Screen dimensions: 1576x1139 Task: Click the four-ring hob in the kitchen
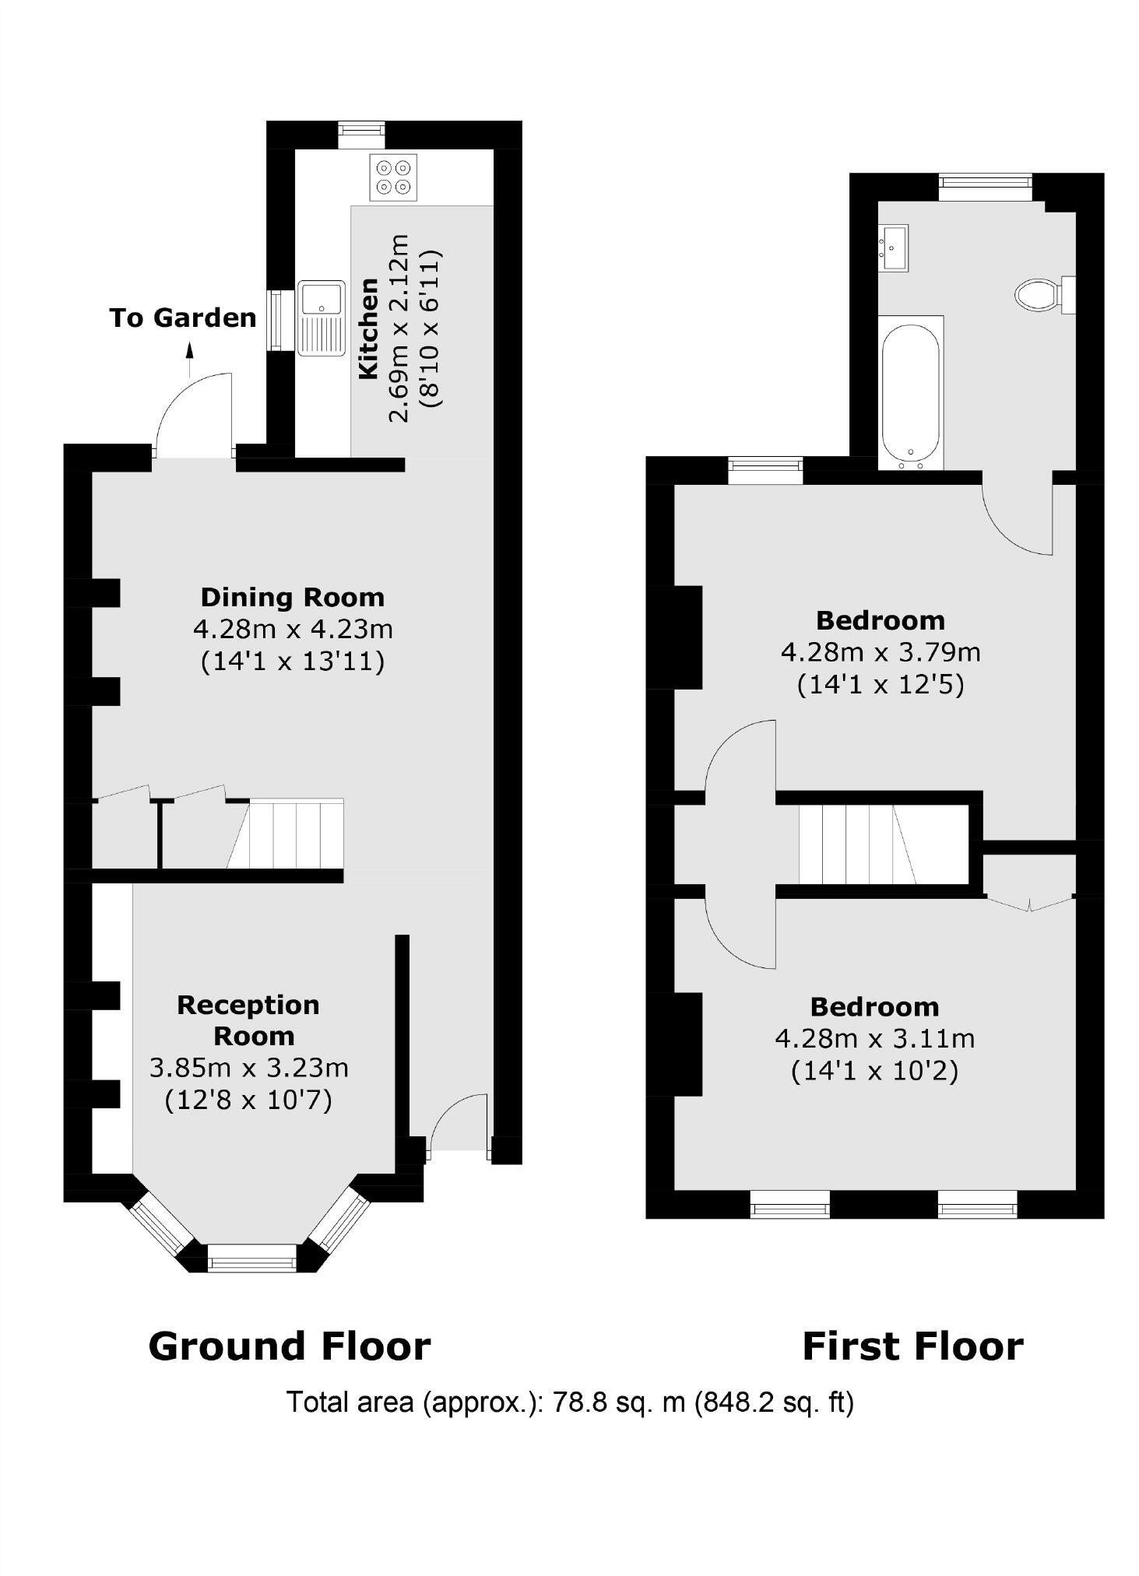(393, 177)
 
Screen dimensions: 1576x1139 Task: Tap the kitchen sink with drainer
(321, 318)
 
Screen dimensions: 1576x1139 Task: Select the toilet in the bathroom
(1038, 295)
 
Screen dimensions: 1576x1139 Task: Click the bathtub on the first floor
(910, 393)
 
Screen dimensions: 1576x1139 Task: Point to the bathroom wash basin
(893, 247)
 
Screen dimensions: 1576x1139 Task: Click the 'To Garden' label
(183, 318)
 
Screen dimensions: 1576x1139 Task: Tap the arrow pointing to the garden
(188, 360)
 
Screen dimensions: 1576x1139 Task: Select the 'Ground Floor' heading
(289, 1346)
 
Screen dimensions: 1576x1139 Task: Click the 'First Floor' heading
(912, 1346)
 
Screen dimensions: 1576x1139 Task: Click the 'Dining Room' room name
(293, 597)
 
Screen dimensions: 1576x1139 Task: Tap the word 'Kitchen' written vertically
(368, 328)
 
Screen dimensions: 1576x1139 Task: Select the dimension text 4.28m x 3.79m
(881, 651)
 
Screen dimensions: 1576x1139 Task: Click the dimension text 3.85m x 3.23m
(248, 1067)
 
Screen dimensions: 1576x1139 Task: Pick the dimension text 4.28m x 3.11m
(874, 1038)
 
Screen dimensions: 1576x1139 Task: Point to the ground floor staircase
(296, 834)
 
